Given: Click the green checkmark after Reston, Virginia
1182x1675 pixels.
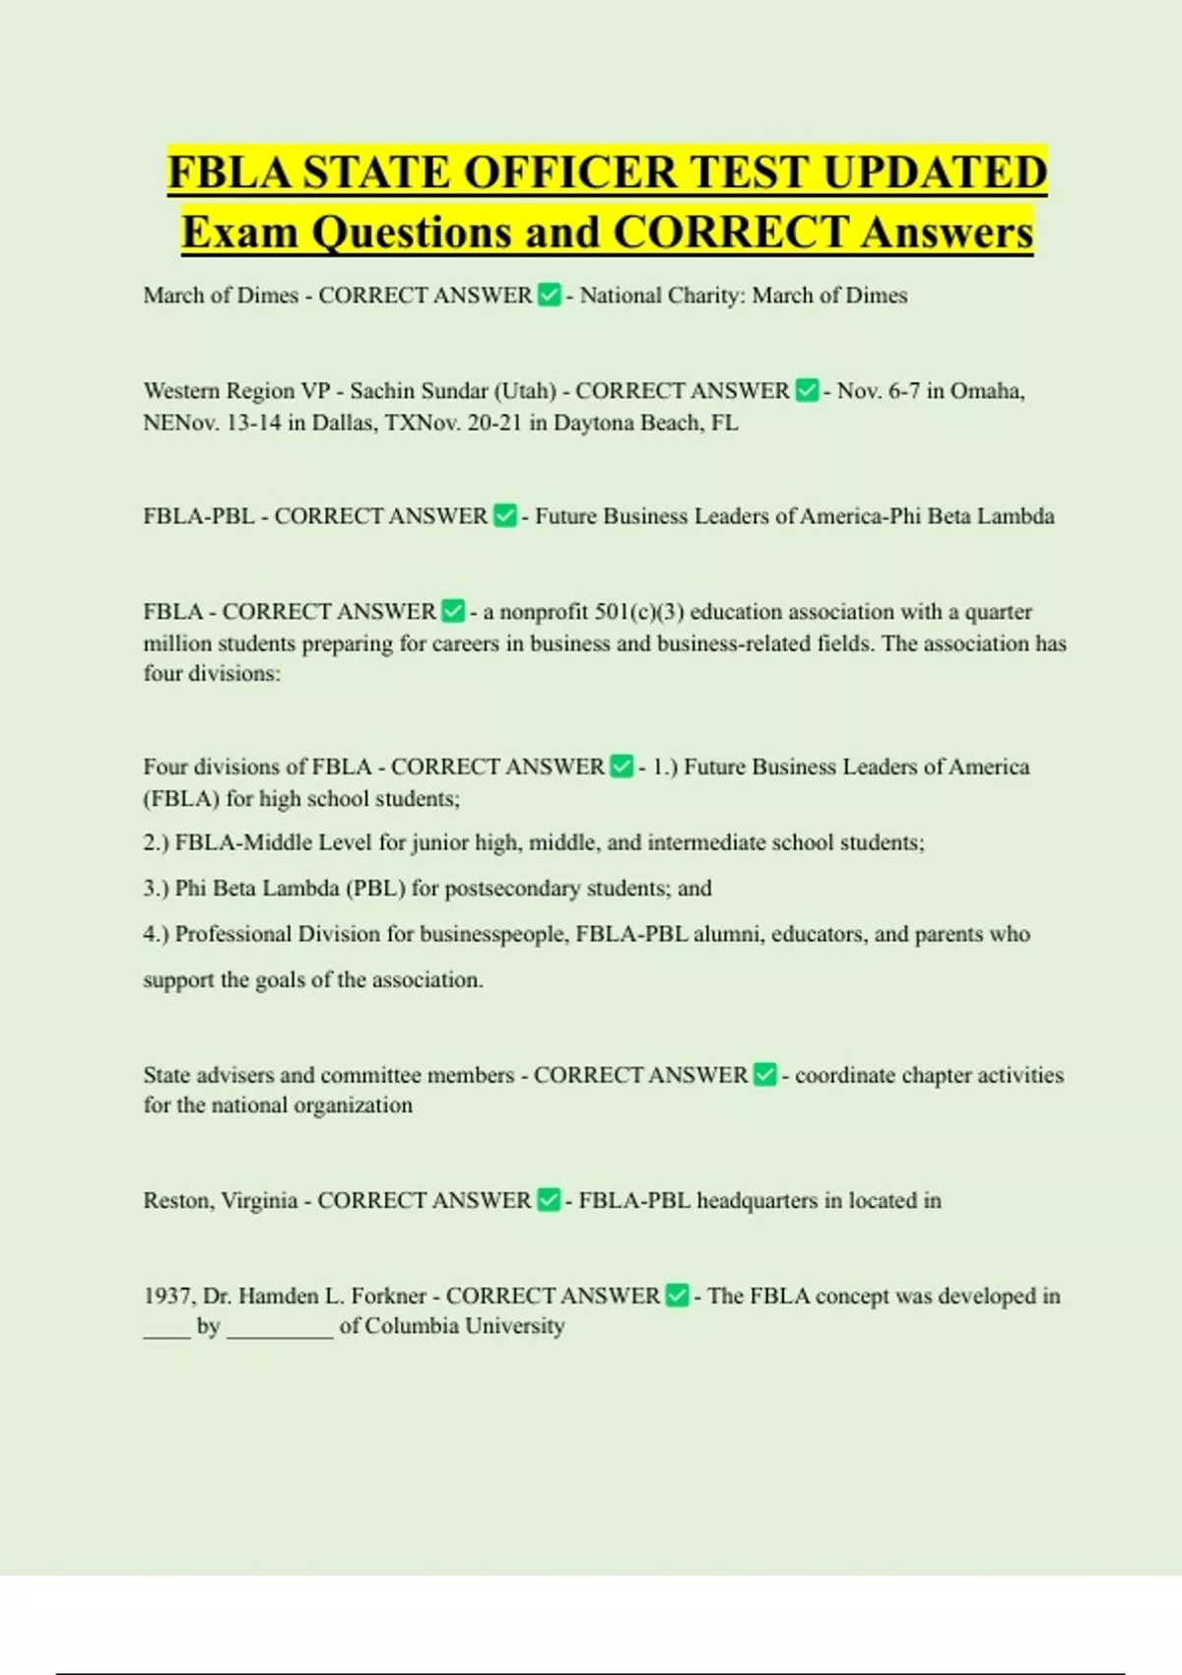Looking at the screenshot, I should tap(549, 1200).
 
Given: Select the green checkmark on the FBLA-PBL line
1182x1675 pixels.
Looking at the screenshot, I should tap(504, 515).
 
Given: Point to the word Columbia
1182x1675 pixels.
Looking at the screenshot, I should tap(413, 1326).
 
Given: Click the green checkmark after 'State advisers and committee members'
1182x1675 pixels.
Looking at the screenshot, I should tap(765, 1075).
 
